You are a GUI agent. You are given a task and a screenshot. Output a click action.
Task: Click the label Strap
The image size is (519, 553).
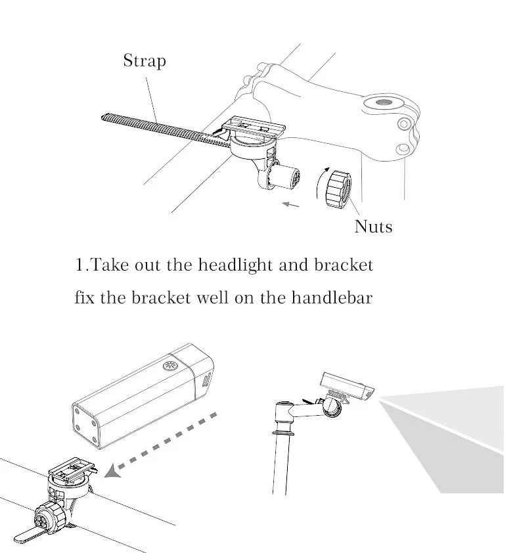145,61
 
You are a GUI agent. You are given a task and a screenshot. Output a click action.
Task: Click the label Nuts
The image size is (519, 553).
373,227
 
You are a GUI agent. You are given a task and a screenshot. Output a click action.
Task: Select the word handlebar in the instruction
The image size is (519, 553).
332,298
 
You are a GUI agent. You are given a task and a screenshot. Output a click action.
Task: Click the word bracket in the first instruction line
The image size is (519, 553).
344,265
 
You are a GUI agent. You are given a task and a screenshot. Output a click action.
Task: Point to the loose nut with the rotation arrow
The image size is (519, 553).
338,188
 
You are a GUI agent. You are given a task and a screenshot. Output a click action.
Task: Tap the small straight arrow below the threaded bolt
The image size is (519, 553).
291,204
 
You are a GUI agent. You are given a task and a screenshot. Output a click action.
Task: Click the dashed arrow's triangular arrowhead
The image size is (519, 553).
113,471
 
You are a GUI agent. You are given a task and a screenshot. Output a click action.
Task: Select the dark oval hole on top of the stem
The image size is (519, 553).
384,102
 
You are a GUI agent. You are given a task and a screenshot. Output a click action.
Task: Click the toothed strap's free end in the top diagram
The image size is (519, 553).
103,118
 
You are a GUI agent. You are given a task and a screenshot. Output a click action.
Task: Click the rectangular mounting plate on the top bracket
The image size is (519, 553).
254,126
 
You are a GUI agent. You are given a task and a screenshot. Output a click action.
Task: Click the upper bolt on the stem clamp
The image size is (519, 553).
404,123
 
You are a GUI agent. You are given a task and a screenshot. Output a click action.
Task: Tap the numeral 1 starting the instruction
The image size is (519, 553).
79,265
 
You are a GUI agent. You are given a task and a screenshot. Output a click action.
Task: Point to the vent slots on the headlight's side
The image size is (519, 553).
207,380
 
